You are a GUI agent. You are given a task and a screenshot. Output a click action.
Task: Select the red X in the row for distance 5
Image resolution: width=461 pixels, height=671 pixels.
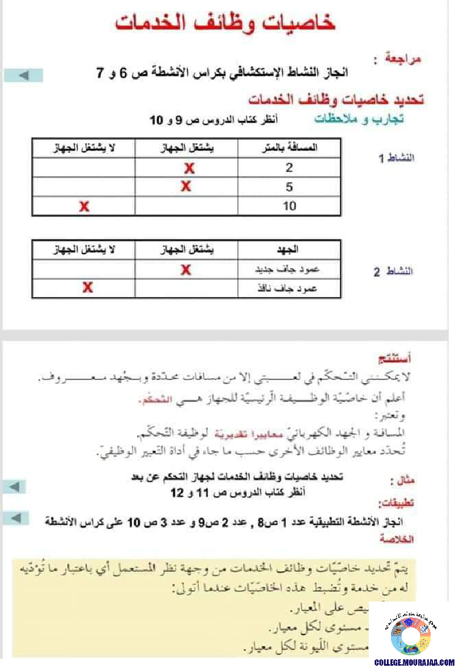pos(186,187)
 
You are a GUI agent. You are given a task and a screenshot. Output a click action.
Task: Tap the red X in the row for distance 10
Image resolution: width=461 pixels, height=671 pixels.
pos(85,206)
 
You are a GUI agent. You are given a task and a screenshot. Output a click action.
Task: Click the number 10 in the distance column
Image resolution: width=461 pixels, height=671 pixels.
pos(289,206)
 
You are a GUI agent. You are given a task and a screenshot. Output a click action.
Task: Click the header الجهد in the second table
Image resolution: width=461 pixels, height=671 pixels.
pos(289,251)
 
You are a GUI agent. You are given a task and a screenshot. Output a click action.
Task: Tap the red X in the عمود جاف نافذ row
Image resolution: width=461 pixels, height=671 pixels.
pos(88,287)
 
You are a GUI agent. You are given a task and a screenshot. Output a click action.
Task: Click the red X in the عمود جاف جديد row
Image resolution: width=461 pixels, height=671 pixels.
pos(186,269)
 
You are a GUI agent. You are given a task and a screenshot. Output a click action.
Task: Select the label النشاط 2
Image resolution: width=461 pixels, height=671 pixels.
pos(393,272)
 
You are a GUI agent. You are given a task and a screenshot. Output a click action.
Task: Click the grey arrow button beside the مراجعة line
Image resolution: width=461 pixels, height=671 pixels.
pos(23,75)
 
